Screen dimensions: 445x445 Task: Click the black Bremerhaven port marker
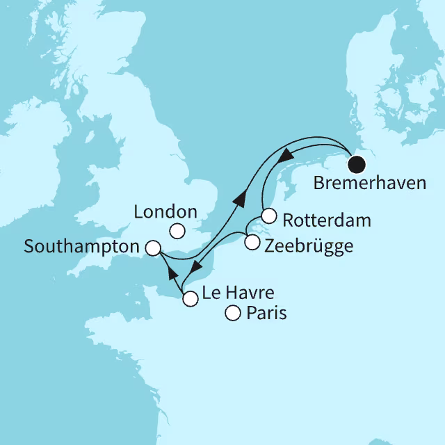(x=357, y=165)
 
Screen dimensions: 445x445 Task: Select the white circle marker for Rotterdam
(x=270, y=216)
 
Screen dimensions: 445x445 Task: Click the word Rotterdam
(x=327, y=220)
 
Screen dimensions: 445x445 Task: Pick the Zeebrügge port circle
(x=252, y=243)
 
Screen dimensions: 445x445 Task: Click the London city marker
(x=177, y=232)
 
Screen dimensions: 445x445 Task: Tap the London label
(x=165, y=212)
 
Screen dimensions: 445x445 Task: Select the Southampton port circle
(x=153, y=248)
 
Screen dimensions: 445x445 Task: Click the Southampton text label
(x=81, y=246)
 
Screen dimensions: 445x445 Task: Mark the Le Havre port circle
(x=190, y=300)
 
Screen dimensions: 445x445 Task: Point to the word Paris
(x=266, y=314)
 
